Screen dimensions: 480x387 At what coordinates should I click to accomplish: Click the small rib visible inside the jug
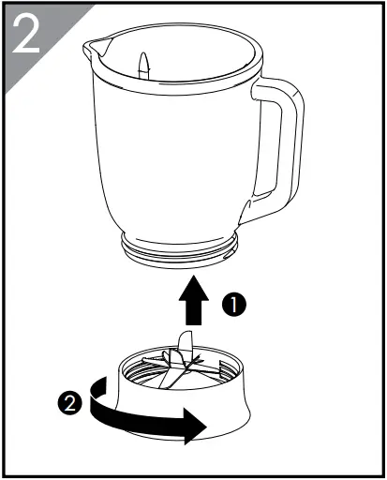coord(143,66)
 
